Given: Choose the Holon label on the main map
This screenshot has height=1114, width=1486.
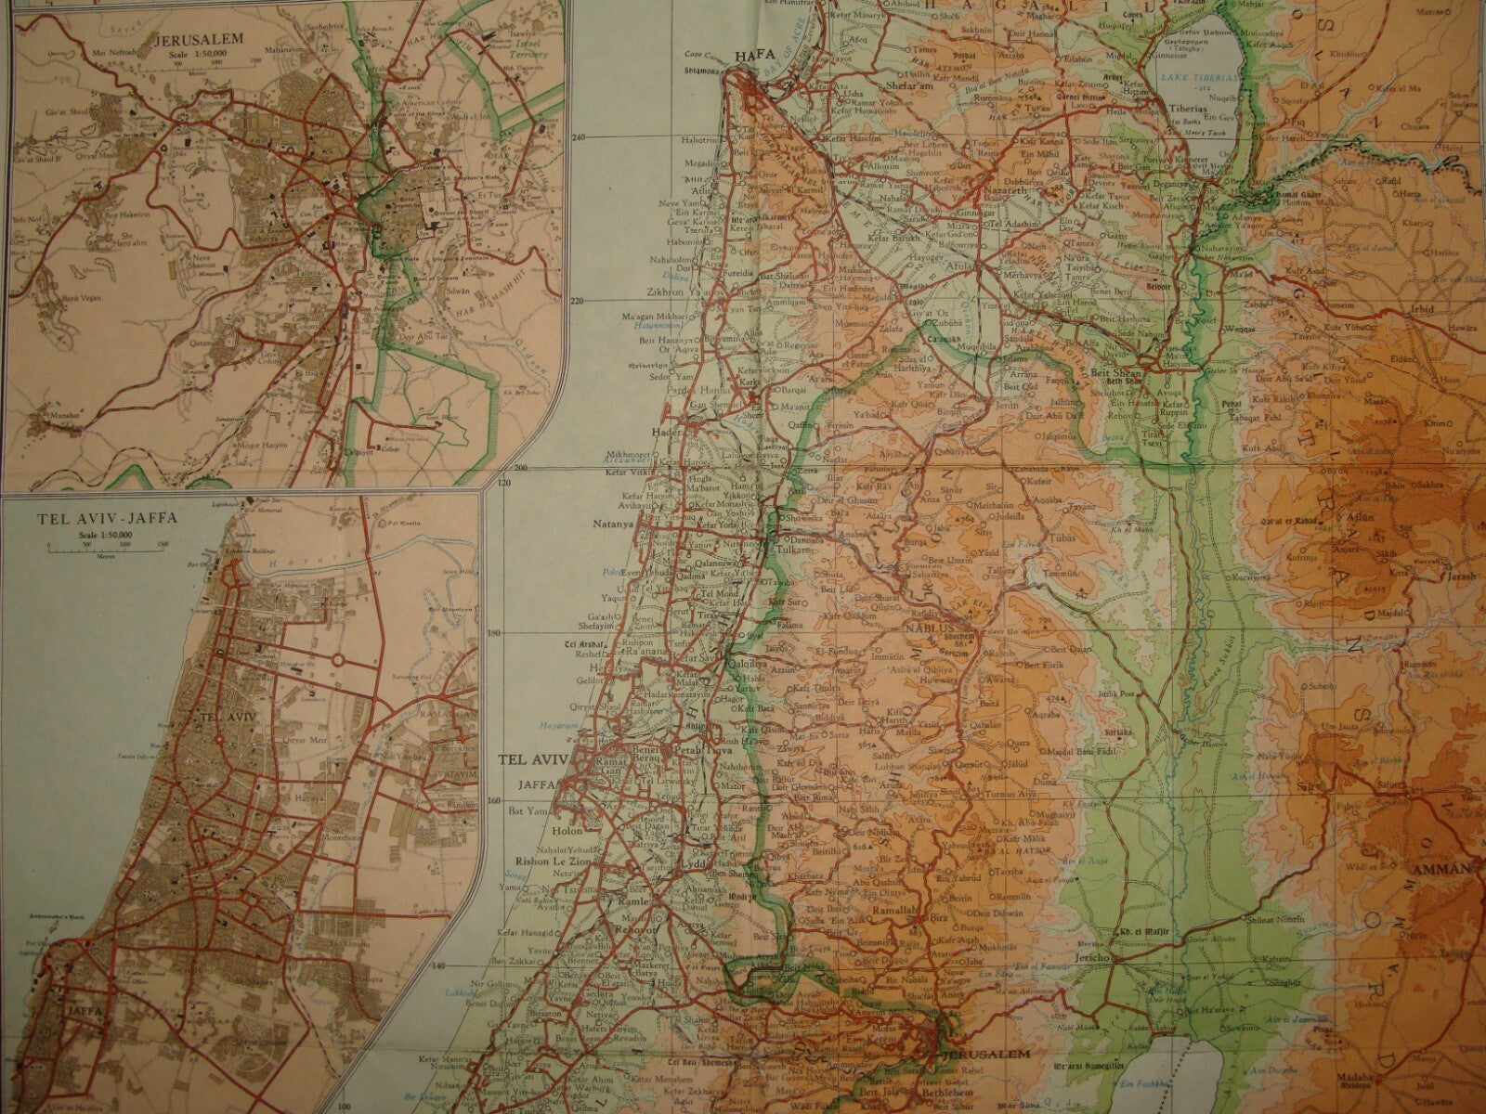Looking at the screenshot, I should coord(566,832).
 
